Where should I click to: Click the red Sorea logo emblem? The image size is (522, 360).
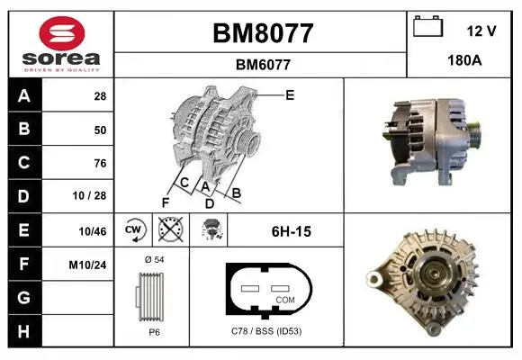62,33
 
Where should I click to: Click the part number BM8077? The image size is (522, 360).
263,33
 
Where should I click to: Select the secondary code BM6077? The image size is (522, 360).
263,65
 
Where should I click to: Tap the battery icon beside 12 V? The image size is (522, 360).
427,26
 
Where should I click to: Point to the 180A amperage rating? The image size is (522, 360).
464,60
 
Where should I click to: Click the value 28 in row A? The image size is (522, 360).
100,96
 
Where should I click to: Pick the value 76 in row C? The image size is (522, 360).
100,163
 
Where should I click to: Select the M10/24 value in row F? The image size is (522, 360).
87,265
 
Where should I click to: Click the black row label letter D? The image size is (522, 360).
23,196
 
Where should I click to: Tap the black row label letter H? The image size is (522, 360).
23,332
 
